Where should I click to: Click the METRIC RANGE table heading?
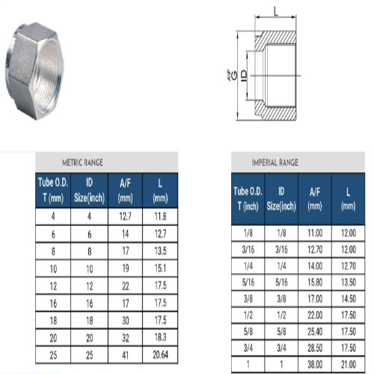[82, 162]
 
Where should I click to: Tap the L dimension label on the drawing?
[276, 10]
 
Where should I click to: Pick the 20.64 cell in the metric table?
[159, 353]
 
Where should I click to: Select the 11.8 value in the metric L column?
[159, 216]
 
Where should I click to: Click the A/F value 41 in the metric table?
[125, 353]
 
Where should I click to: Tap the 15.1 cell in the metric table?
[159, 268]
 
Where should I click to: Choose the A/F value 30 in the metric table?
[125, 319]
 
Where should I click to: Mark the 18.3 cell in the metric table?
[159, 336]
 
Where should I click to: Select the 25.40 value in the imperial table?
[316, 329]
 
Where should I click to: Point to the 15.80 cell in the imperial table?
[316, 283]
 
